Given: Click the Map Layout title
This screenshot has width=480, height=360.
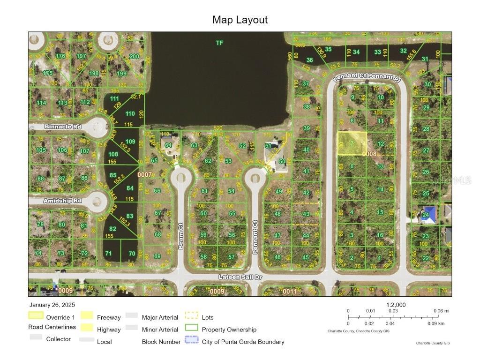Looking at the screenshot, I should [x=240, y=20].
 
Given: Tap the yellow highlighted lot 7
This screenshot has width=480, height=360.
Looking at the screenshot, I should [x=352, y=143].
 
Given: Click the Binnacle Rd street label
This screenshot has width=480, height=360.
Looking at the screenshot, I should [x=63, y=127].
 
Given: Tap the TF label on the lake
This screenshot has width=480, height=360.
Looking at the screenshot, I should [x=219, y=43].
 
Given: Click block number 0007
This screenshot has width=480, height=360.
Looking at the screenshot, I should [x=144, y=174].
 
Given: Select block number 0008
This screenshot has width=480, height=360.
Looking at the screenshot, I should [x=369, y=153].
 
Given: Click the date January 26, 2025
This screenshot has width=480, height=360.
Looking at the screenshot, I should [x=51, y=305].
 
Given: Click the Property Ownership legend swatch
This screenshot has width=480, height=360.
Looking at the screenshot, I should [x=191, y=329].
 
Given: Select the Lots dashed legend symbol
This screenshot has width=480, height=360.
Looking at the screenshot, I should [x=191, y=316].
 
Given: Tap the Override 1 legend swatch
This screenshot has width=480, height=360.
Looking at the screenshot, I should [x=36, y=316].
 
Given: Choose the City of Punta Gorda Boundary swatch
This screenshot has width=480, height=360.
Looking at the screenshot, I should [x=191, y=341].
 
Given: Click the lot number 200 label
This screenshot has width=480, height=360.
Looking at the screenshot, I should [x=134, y=56].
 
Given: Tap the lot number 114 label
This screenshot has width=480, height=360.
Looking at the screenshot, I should [x=42, y=103].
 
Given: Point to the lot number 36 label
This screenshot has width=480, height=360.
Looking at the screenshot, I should [x=309, y=60].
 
